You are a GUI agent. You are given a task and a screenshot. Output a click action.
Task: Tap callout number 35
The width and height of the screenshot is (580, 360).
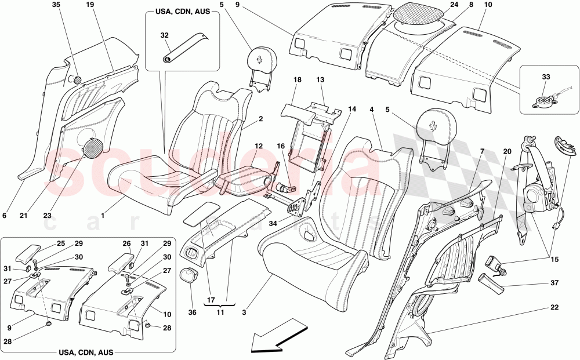point(56,5)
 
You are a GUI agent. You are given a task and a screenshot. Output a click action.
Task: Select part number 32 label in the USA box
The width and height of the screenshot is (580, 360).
point(164,35)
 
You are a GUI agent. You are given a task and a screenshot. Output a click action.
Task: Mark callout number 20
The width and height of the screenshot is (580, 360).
point(507,151)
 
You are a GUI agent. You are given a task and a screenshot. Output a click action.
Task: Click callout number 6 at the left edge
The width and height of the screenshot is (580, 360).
point(4,216)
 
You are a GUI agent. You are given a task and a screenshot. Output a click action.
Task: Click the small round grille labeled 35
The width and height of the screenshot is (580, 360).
point(75,79)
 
